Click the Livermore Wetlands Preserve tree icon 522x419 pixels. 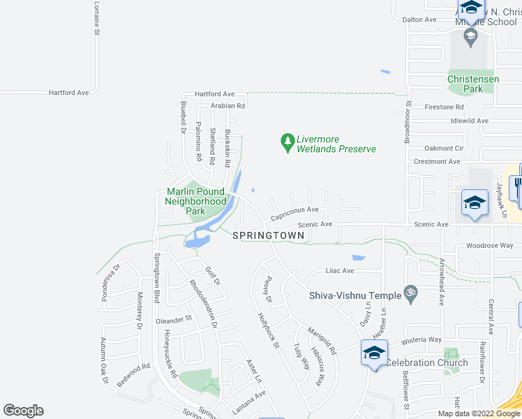pos(287,142)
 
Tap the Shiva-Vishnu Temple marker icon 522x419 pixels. pos(411,295)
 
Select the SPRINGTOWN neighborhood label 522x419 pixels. pos(269,236)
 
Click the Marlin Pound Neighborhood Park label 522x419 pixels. pos(195,201)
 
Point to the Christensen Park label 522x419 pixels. pos(473,84)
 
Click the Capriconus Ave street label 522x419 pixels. pos(294,213)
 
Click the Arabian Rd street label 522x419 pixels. pos(228,106)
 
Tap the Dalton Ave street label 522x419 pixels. pos(419,20)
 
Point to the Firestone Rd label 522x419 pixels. pos(444,108)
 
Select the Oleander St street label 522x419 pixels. pos(174,320)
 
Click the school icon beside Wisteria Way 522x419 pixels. pos(373,353)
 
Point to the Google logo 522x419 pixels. pos(23,411)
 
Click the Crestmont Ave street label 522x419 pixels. pos(437,161)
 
